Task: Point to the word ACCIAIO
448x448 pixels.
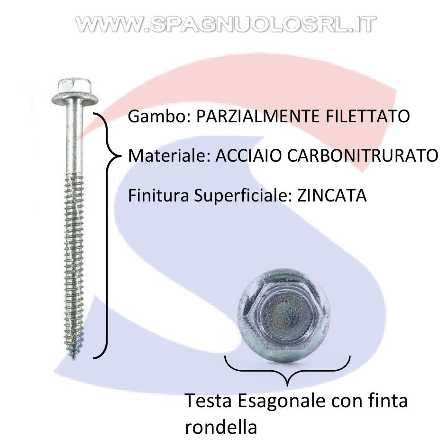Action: coord(248,156)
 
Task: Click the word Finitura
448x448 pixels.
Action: coord(158,196)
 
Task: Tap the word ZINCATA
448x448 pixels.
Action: coord(332,196)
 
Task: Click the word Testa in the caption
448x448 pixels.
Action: coord(208,401)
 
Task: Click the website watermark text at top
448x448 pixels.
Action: coord(226,24)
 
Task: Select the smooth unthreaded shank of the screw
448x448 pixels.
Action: coord(74,139)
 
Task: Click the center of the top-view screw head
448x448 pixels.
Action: coord(283,315)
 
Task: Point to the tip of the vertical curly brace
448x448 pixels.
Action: coord(120,156)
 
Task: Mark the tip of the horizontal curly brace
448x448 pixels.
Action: coord(287,385)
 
